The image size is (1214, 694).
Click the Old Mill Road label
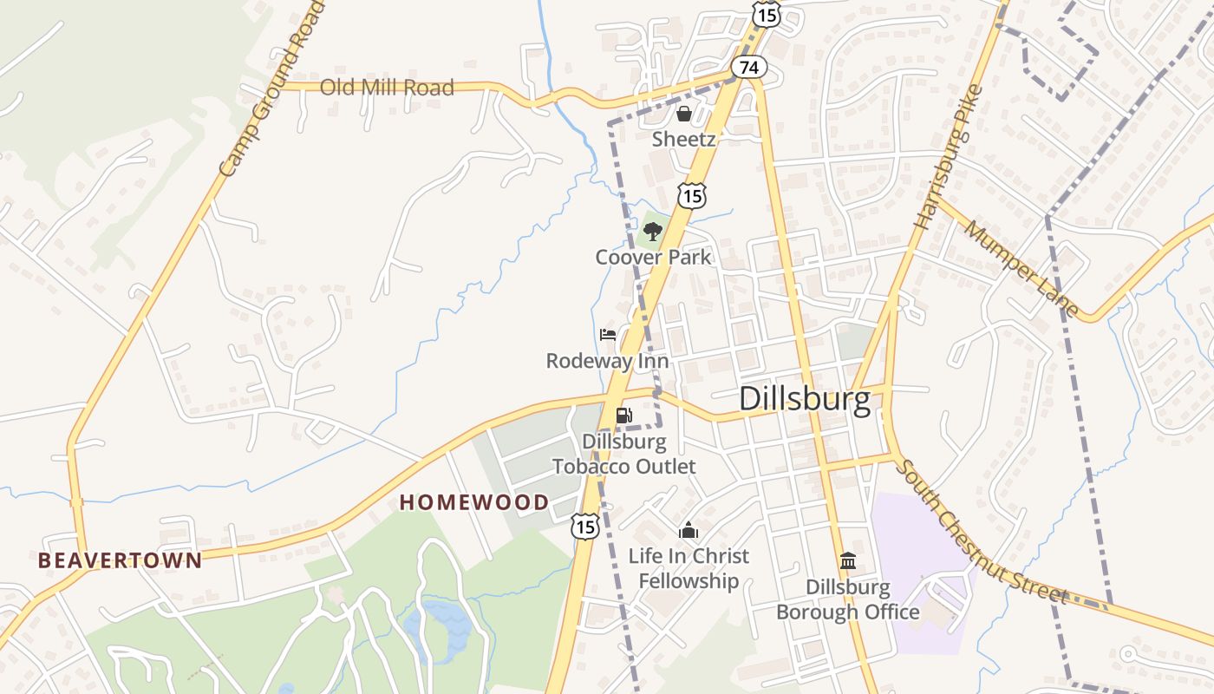pos(387,88)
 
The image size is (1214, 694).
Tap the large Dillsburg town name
pos(805,399)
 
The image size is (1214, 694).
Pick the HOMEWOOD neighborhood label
pos(473,502)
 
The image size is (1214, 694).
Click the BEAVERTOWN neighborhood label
pos(120,560)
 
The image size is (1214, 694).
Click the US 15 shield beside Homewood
pos(584,526)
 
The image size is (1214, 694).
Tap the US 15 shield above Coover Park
pos(691,196)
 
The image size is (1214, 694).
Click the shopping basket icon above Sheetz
pos(684,114)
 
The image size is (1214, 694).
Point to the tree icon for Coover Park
pos(653,232)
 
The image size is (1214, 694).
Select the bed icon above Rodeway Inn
pos(608,335)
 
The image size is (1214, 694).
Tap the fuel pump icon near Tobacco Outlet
pos(623,416)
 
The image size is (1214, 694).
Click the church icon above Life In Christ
pos(689,530)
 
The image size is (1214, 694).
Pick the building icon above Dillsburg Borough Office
pos(848,561)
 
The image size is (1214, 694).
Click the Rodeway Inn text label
pos(607,361)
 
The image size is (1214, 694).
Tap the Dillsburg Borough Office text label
pos(847,599)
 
